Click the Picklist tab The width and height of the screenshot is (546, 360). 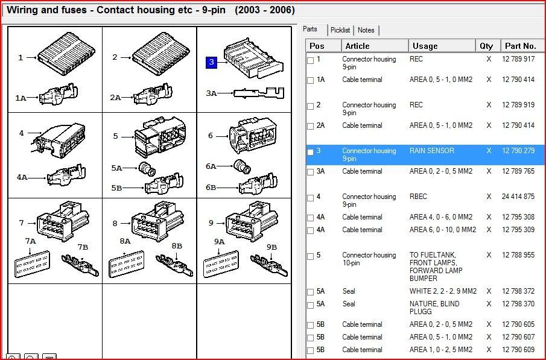pos(340,30)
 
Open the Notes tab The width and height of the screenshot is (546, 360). pos(366,30)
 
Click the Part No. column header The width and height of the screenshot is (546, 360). pos(520,46)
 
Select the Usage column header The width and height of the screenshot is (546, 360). pos(425,46)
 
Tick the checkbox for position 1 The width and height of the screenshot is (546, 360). pos(311,60)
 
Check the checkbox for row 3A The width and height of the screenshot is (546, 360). pos(311,172)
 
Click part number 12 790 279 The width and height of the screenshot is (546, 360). pos(518,151)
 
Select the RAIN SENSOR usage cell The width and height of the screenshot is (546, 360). pos(431,151)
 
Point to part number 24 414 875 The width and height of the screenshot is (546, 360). pos(518,197)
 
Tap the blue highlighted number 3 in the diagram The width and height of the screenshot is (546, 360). pos(211,62)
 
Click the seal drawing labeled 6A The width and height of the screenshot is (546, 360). pos(241,166)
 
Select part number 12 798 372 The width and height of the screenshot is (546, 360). pos(518,291)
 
